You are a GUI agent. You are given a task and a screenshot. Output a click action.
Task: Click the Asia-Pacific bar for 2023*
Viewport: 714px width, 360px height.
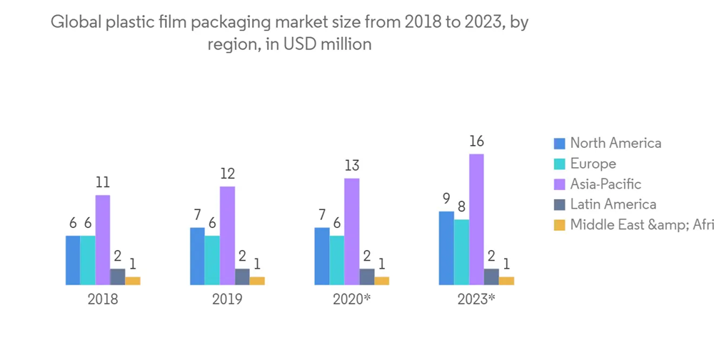click(x=476, y=219)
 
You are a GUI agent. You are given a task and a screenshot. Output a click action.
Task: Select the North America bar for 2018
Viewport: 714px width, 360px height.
click(x=73, y=260)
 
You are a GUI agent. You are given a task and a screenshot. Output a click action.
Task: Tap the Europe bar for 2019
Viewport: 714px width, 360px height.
click(x=212, y=260)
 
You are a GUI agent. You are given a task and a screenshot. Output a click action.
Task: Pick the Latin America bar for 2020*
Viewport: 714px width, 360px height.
click(x=366, y=276)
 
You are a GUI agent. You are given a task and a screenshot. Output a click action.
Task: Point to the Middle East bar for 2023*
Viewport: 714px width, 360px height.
click(x=506, y=281)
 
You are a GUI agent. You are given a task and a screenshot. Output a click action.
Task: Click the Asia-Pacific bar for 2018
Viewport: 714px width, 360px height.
click(x=103, y=240)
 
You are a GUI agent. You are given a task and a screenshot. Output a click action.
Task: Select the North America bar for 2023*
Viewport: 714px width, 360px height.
click(x=446, y=248)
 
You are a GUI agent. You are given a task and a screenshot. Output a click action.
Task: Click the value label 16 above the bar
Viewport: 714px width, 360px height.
click(x=476, y=141)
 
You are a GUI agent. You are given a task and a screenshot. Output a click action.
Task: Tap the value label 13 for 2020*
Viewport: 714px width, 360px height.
click(x=351, y=166)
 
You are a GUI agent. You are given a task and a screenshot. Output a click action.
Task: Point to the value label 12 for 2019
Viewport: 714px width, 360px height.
click(x=227, y=174)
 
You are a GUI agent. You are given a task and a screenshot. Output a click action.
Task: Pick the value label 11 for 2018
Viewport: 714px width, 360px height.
click(x=103, y=182)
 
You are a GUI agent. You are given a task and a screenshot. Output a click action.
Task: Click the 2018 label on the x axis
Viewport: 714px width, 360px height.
click(x=103, y=299)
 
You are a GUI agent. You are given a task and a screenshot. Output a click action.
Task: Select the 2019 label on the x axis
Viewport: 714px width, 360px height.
click(x=227, y=299)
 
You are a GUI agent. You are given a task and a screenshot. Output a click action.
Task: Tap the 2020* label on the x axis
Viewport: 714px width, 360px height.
click(x=352, y=299)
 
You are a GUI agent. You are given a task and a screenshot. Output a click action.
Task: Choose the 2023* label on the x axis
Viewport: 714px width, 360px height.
click(x=476, y=299)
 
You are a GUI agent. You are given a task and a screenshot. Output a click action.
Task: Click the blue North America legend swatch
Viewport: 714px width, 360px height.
click(x=559, y=144)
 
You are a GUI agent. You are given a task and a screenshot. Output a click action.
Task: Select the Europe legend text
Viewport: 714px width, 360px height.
click(x=593, y=164)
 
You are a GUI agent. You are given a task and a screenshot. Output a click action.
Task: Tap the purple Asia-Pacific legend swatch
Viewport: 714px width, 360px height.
click(x=559, y=184)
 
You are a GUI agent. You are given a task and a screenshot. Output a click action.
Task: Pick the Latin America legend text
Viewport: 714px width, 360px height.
click(x=613, y=204)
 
